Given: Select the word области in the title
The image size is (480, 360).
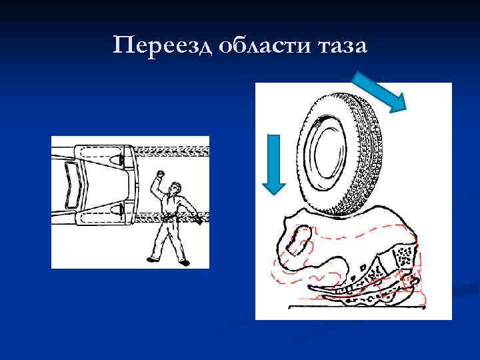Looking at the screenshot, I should point(249,46).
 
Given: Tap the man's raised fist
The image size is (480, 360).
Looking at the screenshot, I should point(159,175).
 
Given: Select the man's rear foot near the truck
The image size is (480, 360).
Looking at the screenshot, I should point(151,259).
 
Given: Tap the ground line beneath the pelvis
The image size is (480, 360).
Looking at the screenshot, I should point(353,305).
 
